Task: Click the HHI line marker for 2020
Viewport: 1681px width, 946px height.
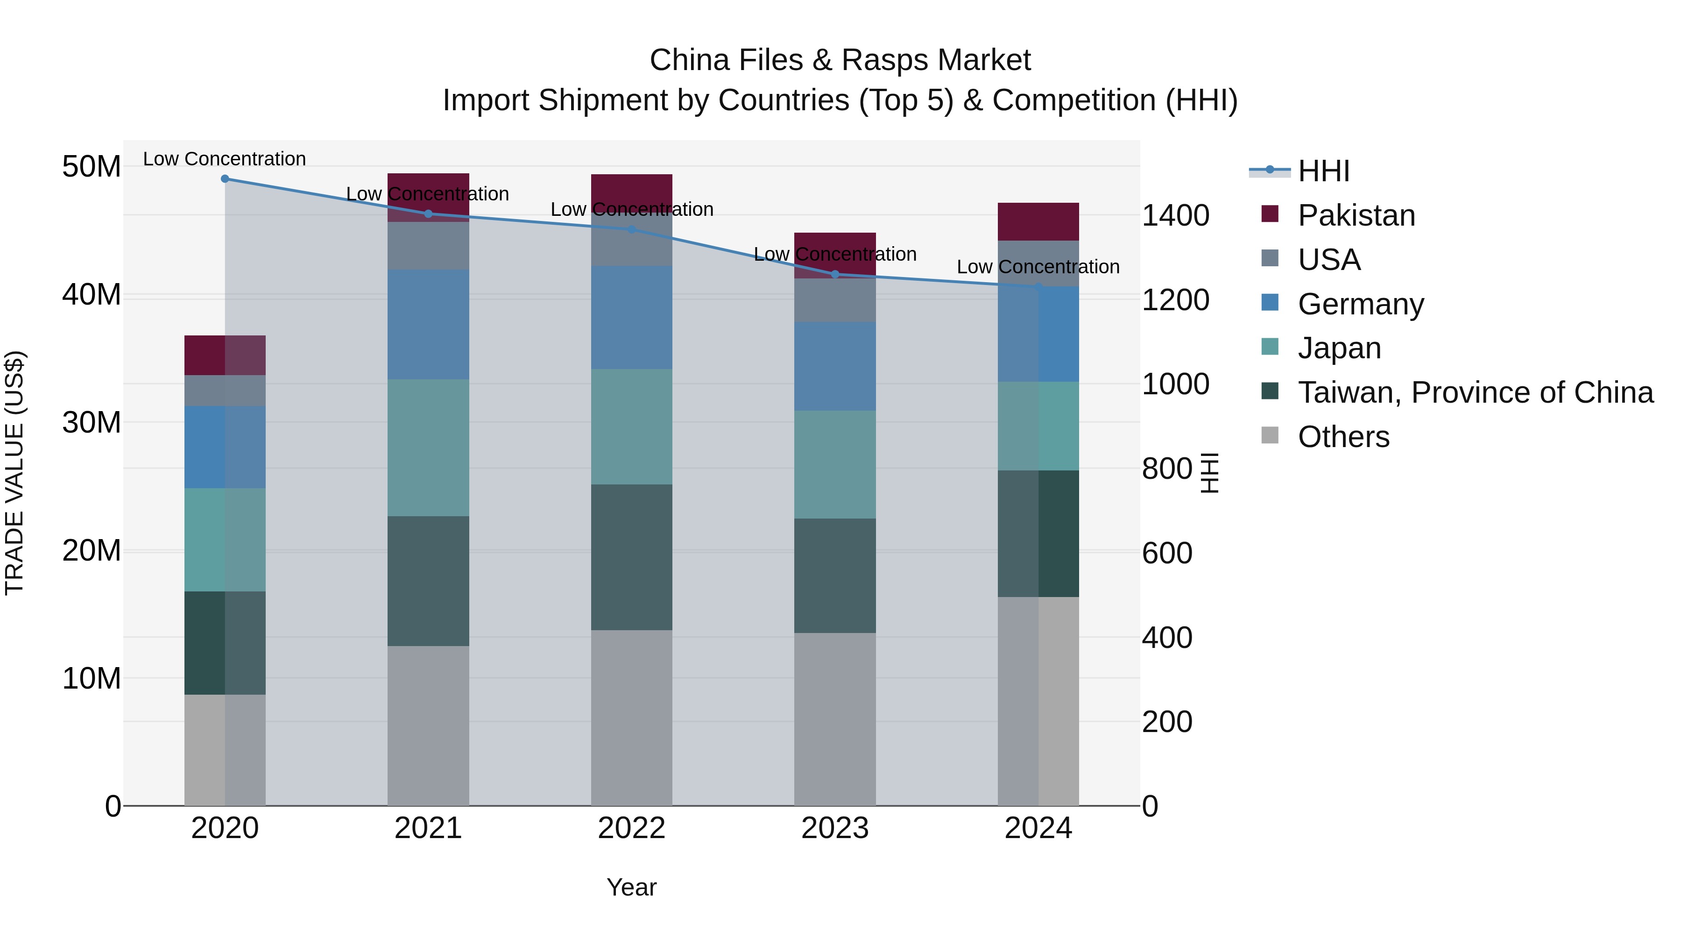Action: [225, 179]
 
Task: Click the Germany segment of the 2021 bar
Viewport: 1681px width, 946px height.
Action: [428, 325]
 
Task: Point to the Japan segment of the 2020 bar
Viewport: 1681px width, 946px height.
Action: [225, 540]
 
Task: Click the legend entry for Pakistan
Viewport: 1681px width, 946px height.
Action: [1356, 215]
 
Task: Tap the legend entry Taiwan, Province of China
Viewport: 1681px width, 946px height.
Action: [1475, 392]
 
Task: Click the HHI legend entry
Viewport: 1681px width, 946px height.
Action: [1323, 171]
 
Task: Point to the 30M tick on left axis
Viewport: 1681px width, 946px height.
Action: [92, 422]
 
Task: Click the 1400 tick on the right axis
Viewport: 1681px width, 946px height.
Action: [1175, 215]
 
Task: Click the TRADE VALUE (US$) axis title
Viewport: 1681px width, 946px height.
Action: [14, 473]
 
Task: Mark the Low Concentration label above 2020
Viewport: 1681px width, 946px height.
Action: [225, 159]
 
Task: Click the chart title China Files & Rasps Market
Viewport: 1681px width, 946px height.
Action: [840, 60]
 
